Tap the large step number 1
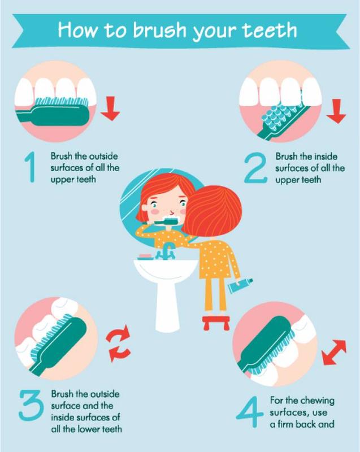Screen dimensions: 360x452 31,167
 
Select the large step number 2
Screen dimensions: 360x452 255,168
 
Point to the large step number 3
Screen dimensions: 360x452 31,405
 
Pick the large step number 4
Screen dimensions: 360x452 250,412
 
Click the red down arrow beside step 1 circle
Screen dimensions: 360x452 110,108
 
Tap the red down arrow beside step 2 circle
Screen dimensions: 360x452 336,111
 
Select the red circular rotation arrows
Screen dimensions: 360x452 118,343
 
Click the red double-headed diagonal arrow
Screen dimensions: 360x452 334,352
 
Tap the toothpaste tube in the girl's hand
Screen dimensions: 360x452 240,285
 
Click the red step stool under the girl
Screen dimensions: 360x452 216,323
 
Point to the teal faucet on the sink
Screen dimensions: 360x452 166,251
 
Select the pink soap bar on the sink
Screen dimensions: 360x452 145,256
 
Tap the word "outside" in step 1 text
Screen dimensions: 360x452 103,157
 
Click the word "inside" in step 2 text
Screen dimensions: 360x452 326,157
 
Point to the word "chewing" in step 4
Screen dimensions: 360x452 318,401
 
